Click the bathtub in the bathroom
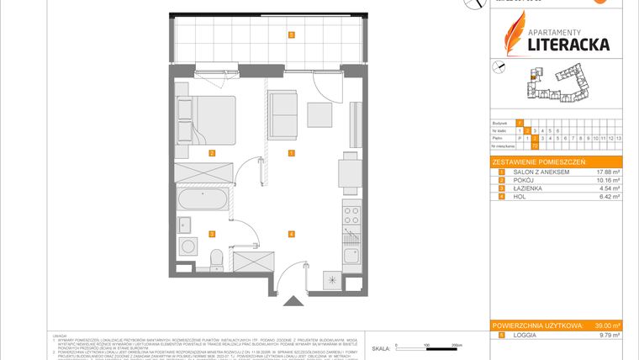pos(202,200)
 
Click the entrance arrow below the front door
pos(292,299)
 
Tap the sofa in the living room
pos(283,116)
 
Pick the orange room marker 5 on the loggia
pos(291,34)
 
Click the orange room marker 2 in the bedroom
pos(213,152)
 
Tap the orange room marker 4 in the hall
pos(291,233)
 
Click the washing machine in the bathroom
pos(188,248)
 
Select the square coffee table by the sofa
pos(319,113)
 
